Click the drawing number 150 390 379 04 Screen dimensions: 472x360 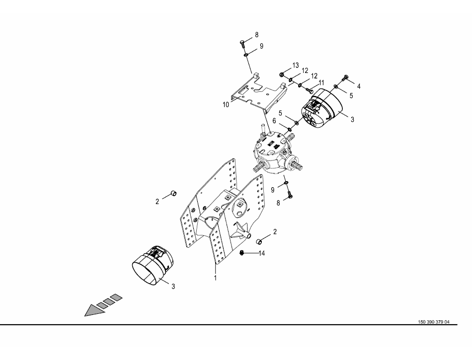pos(433,322)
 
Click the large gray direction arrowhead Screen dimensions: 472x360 pos(94,311)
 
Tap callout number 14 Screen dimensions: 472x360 pos(261,253)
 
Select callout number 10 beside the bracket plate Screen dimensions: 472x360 pos(226,105)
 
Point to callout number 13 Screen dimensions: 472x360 pos(295,65)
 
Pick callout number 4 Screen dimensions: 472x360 pos(359,86)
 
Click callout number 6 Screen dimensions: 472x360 pos(274,121)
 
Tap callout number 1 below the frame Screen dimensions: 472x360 pos(215,278)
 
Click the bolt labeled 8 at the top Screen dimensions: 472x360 pos(242,43)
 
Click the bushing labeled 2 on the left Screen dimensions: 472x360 pos(174,193)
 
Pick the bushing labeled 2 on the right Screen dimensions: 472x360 pos(258,241)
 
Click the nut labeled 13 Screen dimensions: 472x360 pos(282,74)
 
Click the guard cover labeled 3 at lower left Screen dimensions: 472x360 pos(153,265)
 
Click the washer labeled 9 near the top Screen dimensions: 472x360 pos(246,55)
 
